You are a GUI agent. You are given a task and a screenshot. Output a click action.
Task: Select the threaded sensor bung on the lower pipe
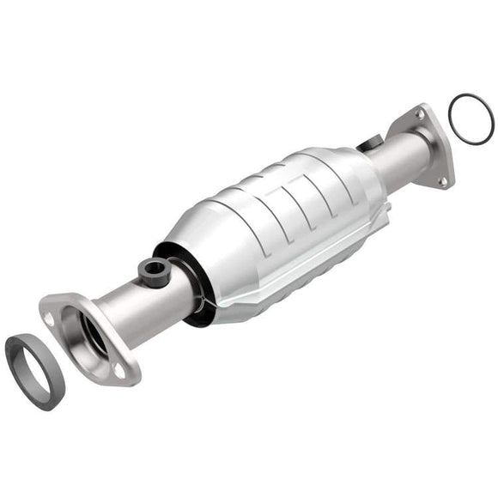click(155, 269)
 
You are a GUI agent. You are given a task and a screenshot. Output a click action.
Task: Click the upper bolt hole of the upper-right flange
click(421, 112)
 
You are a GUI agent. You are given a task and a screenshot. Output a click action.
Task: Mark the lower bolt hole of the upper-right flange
click(443, 180)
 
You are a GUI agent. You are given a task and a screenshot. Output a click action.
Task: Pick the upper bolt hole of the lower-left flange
click(50, 318)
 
